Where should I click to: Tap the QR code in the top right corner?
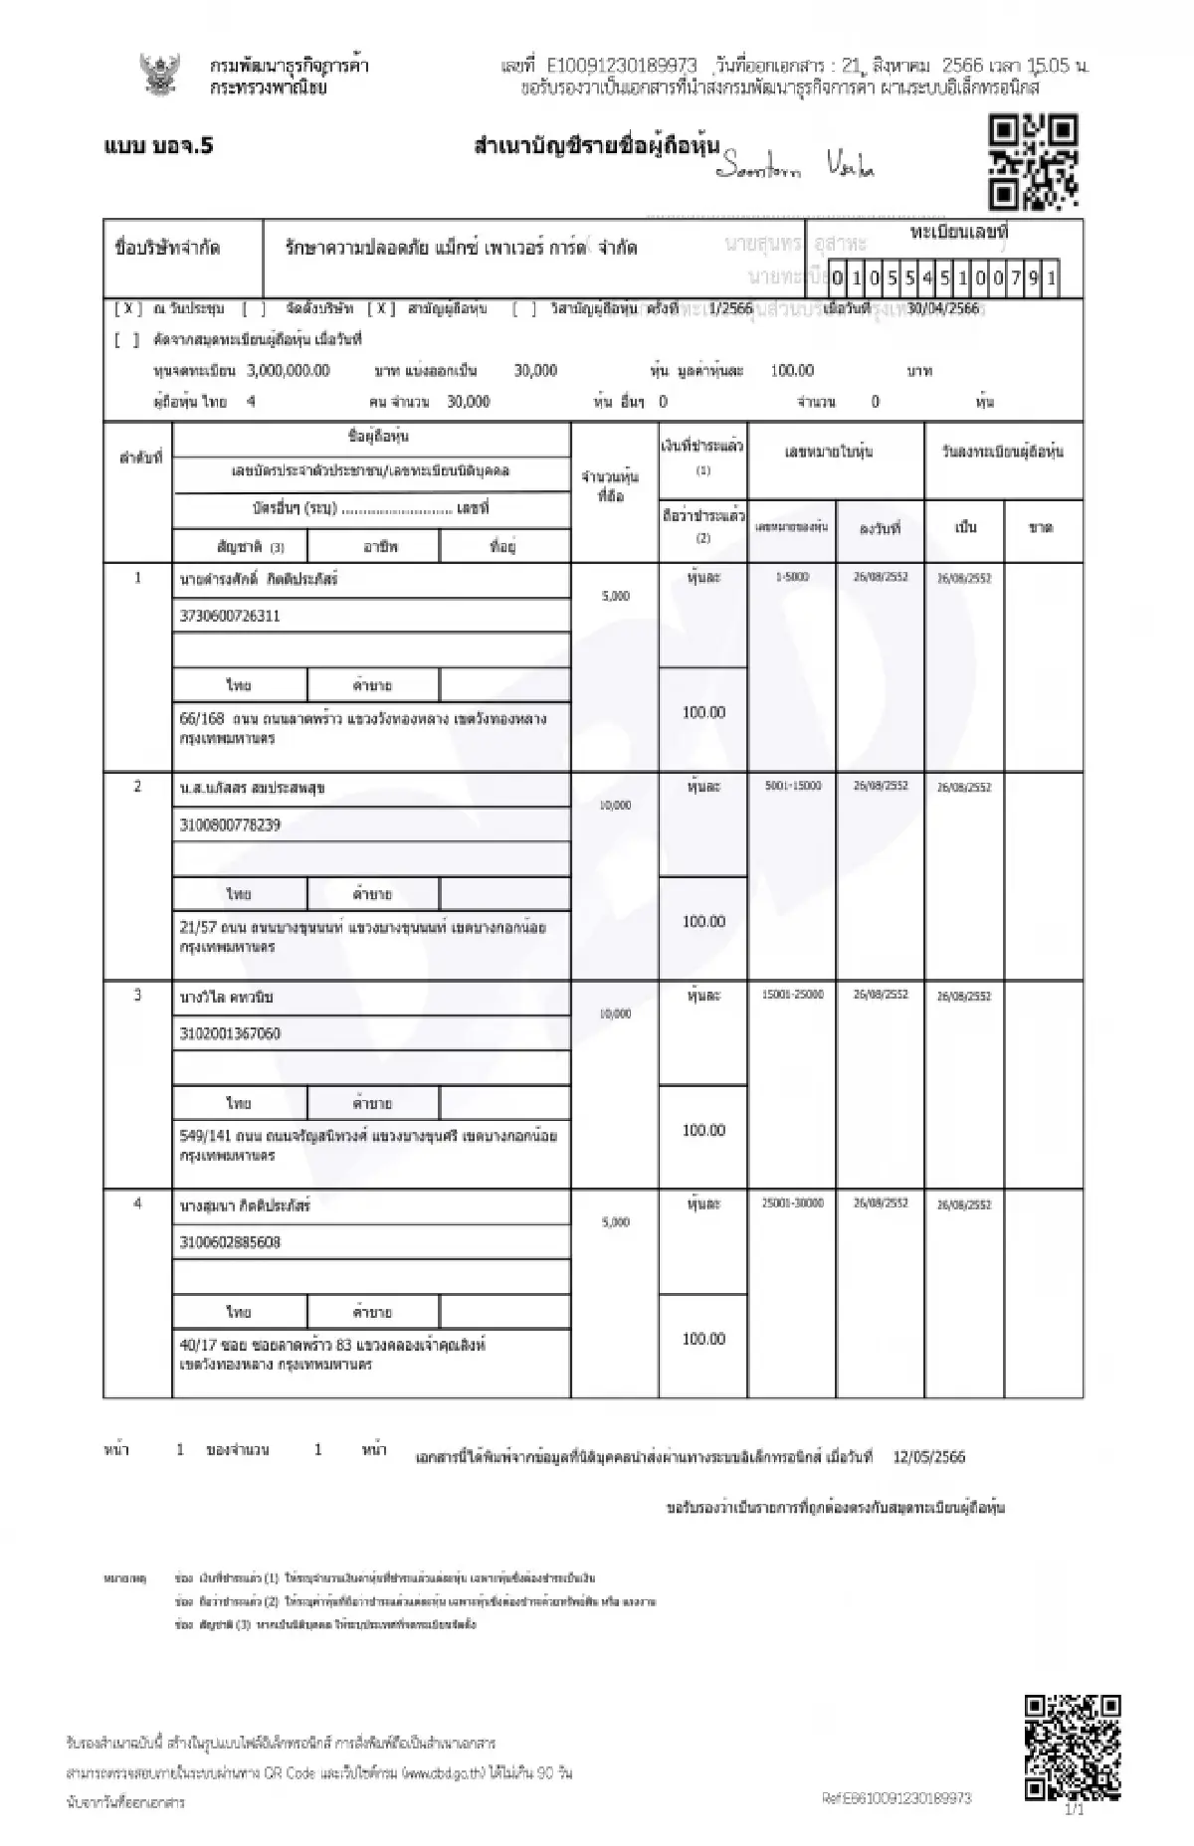[x=1033, y=162]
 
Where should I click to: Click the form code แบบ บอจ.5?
[x=158, y=146]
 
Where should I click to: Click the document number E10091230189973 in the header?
[x=622, y=66]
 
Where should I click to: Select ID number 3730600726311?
[x=230, y=616]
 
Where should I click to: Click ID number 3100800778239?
[x=230, y=825]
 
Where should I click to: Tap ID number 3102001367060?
[x=230, y=1033]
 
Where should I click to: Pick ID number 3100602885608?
[x=230, y=1242]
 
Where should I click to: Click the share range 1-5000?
[x=792, y=577]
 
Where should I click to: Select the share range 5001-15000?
[x=792, y=786]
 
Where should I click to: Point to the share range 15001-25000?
[x=792, y=995]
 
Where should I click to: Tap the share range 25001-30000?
[x=792, y=1203]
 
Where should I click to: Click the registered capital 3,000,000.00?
[x=289, y=371]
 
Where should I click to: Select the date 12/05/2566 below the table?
[x=928, y=1457]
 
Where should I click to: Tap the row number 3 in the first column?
[x=138, y=995]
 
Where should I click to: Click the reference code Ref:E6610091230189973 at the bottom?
[x=896, y=1798]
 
